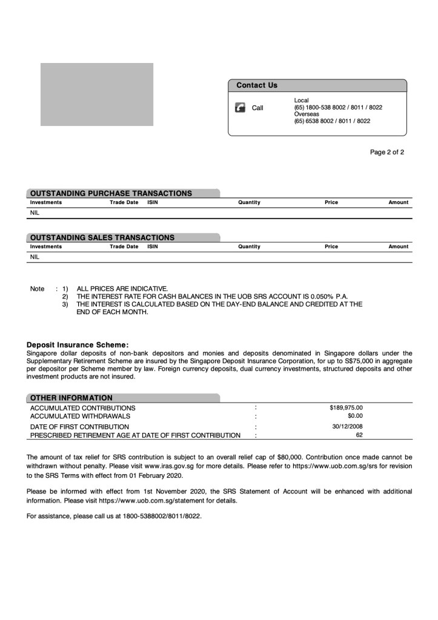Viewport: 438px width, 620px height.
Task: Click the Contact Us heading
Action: click(257, 85)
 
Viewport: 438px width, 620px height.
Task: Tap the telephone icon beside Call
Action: click(240, 108)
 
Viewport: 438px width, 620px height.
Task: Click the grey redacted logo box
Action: click(97, 94)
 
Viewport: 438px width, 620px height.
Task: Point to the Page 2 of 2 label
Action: click(387, 153)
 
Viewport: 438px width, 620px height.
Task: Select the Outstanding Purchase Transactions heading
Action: click(111, 193)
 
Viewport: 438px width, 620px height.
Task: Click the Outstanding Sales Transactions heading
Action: click(102, 237)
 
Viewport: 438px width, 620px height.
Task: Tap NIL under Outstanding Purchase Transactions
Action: click(35, 213)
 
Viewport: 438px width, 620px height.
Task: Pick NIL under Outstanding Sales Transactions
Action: click(35, 257)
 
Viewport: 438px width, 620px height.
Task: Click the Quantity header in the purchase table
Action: click(249, 202)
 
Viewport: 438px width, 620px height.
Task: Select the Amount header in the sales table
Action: click(398, 246)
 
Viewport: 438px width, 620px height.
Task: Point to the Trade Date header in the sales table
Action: click(124, 246)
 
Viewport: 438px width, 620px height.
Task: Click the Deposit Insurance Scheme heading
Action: click(78, 345)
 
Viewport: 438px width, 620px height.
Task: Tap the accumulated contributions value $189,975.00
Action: click(346, 407)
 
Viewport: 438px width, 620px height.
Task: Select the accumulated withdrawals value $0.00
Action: click(355, 416)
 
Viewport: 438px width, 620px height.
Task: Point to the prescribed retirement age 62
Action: click(359, 435)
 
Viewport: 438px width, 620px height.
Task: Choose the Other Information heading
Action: click(71, 398)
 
